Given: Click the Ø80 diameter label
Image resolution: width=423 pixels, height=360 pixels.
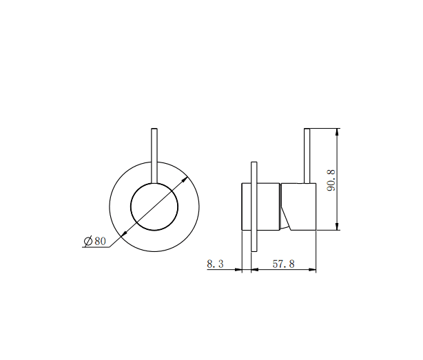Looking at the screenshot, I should click(94, 240).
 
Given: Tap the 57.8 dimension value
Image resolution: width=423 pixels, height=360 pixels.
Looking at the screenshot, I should click(282, 263).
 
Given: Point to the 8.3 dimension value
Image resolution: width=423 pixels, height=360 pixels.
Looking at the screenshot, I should click(215, 263).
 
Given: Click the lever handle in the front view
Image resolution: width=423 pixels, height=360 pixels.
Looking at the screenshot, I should click(154, 155).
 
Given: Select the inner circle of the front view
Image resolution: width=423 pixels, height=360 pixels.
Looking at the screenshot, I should click(154, 207).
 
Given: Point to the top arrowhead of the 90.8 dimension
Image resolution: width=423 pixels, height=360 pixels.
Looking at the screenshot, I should click(337, 131).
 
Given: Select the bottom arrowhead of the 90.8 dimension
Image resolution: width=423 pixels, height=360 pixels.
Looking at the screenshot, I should click(337, 227).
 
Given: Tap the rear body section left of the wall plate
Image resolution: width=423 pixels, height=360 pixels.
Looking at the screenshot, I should click(246, 207).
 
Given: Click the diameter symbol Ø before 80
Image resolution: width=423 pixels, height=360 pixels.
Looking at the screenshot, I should click(88, 240).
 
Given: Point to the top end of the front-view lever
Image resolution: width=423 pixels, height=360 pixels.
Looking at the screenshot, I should click(154, 129).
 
